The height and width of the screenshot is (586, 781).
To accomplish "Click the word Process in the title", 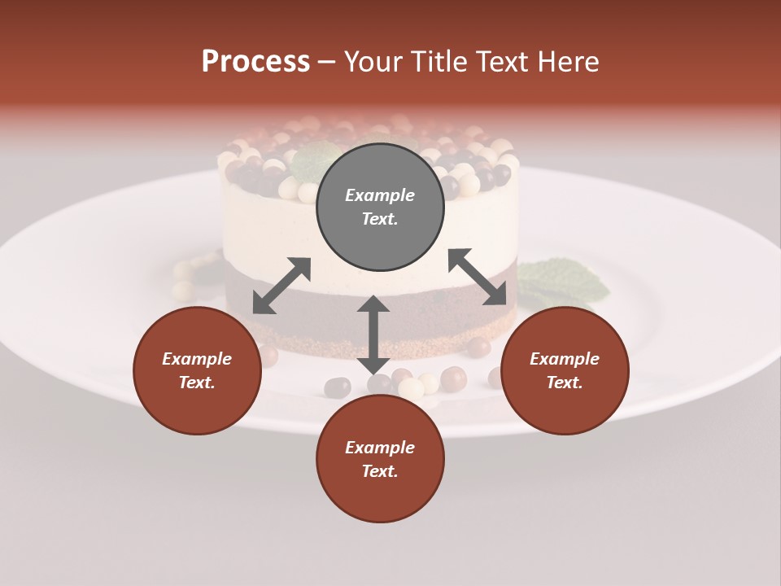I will (255, 62).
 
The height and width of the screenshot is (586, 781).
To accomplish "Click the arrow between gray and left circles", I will (281, 286).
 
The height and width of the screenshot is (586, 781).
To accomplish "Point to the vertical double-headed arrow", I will (373, 335).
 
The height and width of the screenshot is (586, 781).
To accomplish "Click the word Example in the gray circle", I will (380, 195).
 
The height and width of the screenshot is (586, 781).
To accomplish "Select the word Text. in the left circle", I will (197, 383).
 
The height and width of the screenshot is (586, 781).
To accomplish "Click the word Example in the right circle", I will (565, 359).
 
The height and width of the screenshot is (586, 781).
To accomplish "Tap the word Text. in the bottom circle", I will (380, 471).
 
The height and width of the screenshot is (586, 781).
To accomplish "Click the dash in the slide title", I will (326, 63).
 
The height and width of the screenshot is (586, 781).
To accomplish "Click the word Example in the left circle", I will (197, 359).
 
